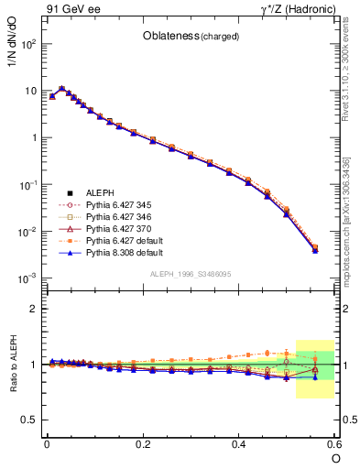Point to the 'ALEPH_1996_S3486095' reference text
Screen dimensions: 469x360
tap(191, 274)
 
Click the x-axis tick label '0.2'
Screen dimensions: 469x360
tap(142, 443)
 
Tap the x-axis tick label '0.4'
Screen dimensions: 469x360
tap(239, 443)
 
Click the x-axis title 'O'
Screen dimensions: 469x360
tap(335, 457)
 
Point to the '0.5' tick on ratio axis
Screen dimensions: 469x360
tap(29, 420)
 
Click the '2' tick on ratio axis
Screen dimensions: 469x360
tap(34, 309)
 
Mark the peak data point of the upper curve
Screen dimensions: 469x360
tap(61, 89)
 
